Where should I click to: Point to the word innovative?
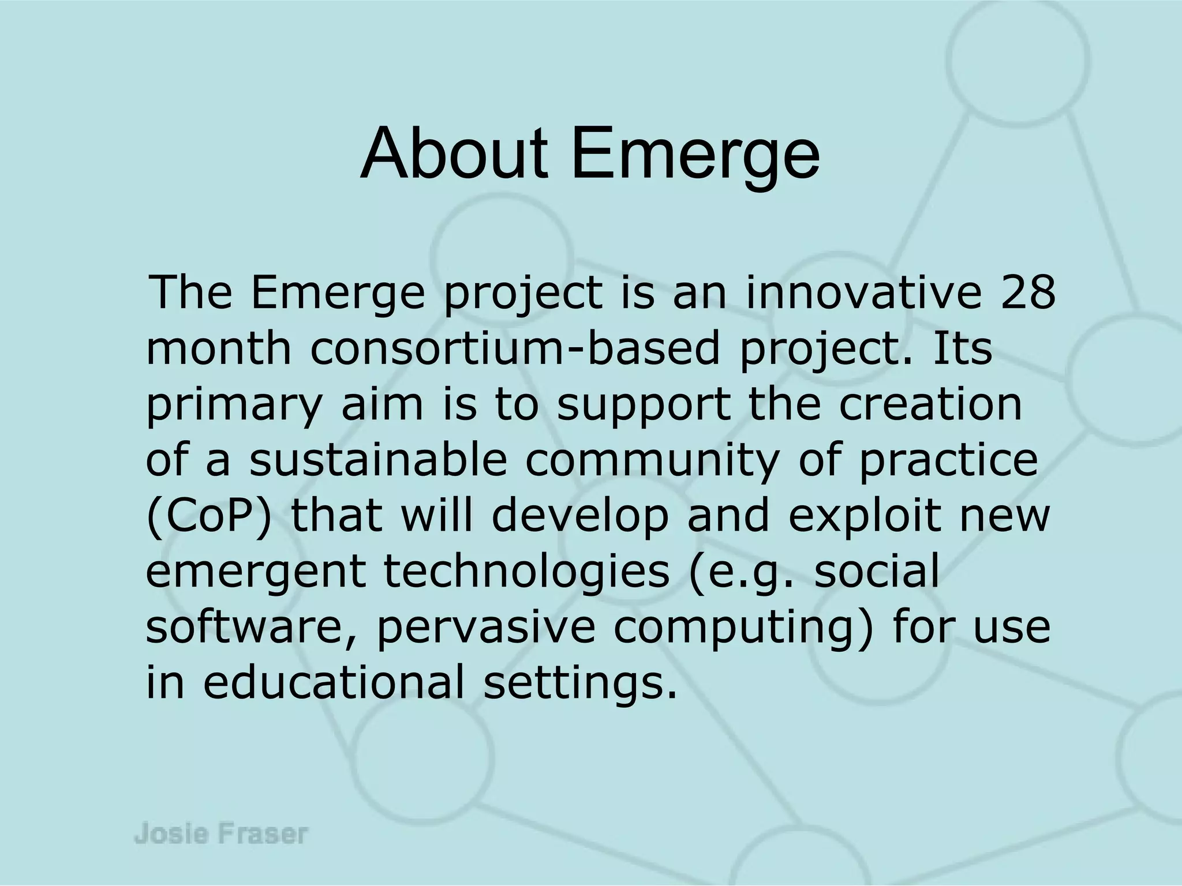[x=863, y=293]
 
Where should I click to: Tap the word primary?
[x=233, y=406]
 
